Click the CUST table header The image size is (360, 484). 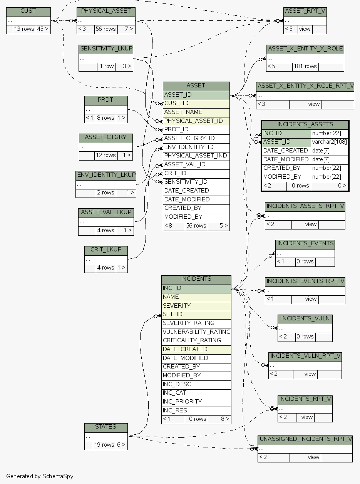click(28, 11)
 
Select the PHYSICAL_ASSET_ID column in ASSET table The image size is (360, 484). click(193, 121)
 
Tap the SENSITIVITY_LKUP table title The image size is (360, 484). click(106, 49)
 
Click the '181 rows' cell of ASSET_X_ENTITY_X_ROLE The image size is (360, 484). click(305, 66)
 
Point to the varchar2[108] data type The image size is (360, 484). click(329, 142)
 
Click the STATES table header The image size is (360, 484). click(105, 427)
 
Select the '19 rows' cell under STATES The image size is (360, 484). click(104, 445)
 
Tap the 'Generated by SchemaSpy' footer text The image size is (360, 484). click(40, 476)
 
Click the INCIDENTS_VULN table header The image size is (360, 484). click(305, 319)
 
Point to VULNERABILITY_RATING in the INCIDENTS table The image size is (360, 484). click(196, 332)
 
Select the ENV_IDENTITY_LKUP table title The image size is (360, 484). click(106, 175)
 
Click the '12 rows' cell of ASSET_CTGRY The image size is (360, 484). click(106, 156)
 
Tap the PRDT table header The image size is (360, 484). click(105, 100)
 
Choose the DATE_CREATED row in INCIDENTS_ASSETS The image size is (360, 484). click(286, 151)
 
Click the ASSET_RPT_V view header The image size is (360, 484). click(305, 11)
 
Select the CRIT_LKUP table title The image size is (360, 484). click(106, 250)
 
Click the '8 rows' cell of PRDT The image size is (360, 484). click(105, 118)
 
